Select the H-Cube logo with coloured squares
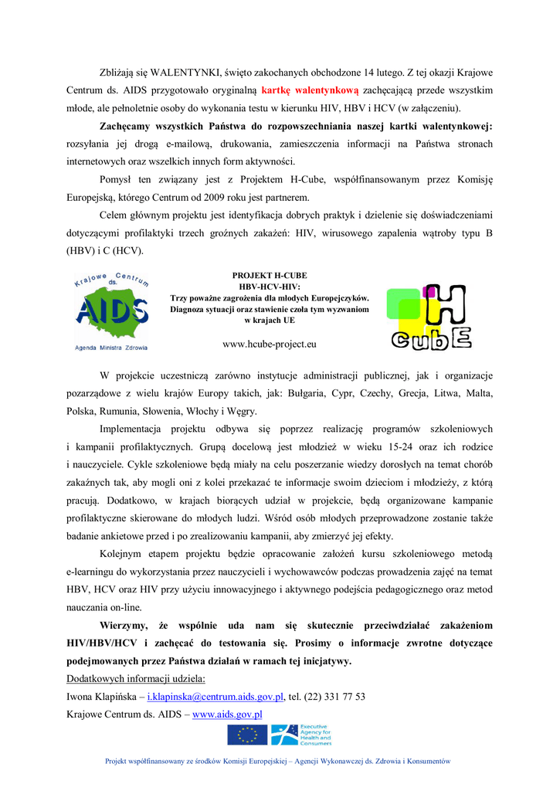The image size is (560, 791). [x=429, y=317]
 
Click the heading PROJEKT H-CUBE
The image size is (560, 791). [x=270, y=276]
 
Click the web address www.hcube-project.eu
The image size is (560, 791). [x=270, y=344]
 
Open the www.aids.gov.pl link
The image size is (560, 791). [x=227, y=715]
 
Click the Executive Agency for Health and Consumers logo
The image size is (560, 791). [x=301, y=735]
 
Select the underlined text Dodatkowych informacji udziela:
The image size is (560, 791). [x=136, y=679]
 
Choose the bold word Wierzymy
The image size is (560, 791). [x=129, y=625]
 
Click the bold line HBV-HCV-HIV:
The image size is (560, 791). [x=270, y=287]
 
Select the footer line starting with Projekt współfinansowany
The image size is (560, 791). [x=277, y=761]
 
